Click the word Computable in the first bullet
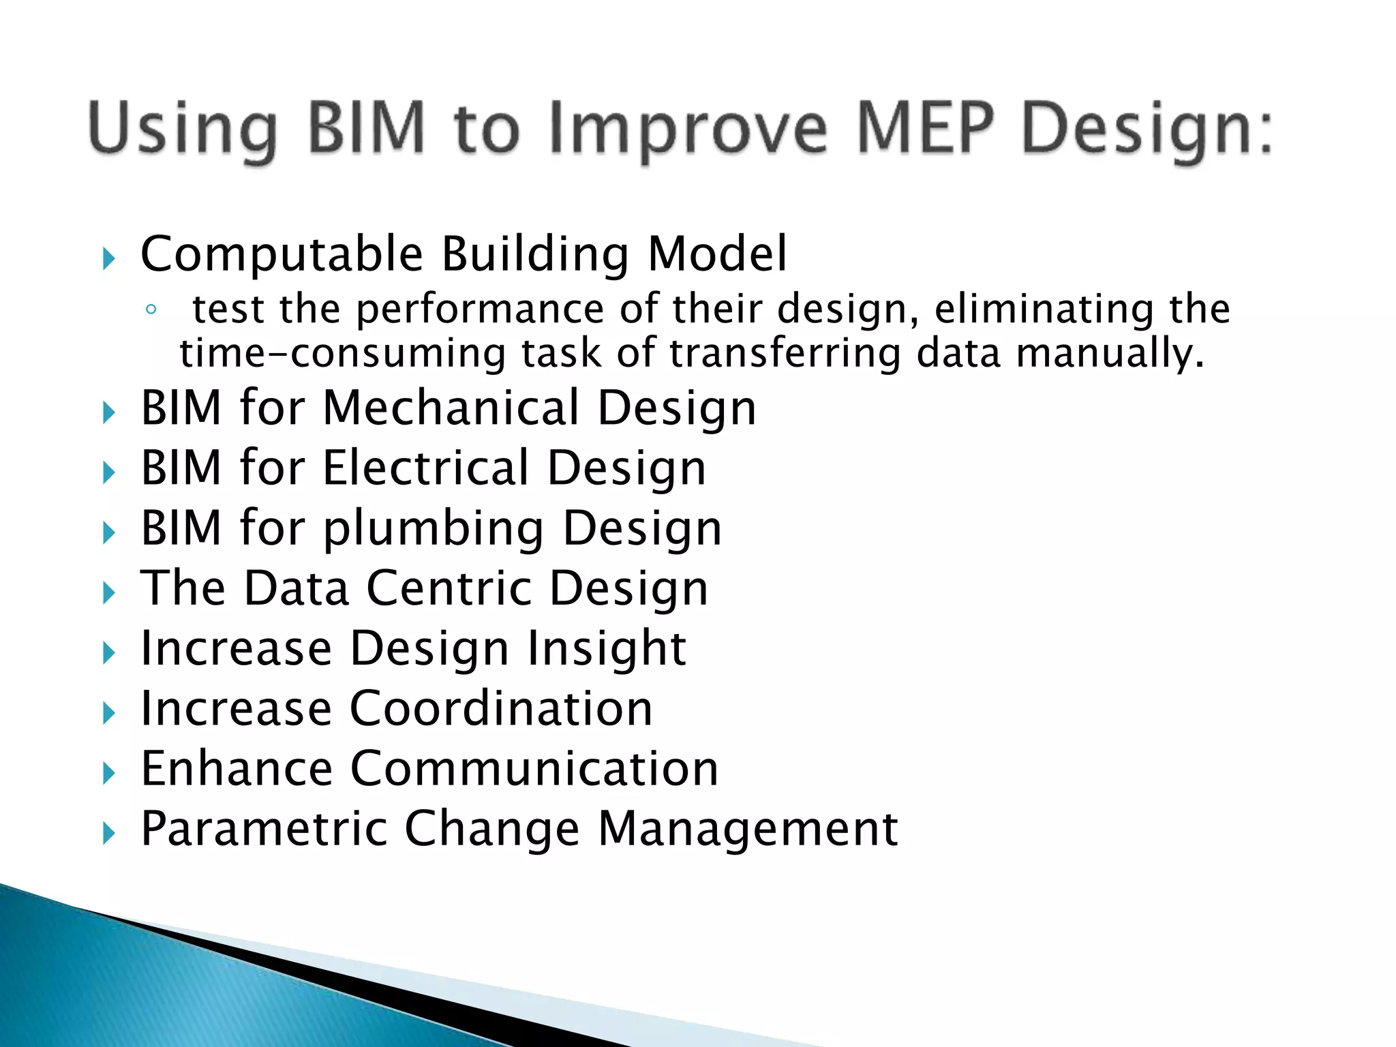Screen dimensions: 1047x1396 [x=282, y=254]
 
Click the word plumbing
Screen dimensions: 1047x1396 [x=434, y=529]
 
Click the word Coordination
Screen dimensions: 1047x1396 [x=501, y=708]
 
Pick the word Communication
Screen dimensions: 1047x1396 [x=534, y=768]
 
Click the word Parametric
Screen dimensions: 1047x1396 [x=264, y=828]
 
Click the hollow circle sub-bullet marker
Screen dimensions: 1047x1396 [x=151, y=309]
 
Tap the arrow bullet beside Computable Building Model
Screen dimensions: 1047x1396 [x=108, y=258]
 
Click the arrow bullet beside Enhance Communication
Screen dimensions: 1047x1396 [x=108, y=773]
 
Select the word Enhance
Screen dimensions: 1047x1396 [x=237, y=768]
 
